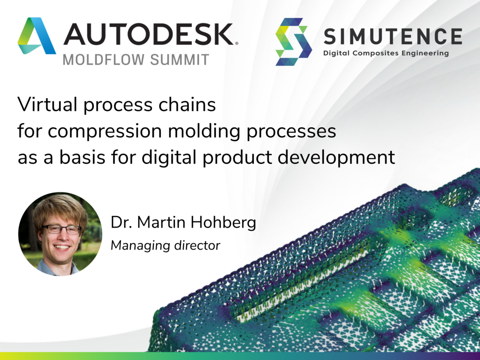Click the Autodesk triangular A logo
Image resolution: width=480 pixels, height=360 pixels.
[x=37, y=36]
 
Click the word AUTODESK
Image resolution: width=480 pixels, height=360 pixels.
[x=148, y=34]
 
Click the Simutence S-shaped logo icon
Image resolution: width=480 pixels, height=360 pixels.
[x=294, y=42]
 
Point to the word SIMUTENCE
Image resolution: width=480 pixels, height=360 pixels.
[x=393, y=36]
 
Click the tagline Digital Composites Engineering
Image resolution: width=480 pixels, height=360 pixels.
[x=386, y=53]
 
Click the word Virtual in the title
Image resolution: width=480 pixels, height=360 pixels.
[x=48, y=105]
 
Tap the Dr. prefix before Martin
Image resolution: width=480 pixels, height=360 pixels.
[x=120, y=223]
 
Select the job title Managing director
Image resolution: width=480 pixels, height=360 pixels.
[x=166, y=246]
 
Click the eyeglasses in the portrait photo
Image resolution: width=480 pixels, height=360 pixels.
[x=62, y=229]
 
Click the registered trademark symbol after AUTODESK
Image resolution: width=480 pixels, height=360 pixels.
[x=236, y=43]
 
